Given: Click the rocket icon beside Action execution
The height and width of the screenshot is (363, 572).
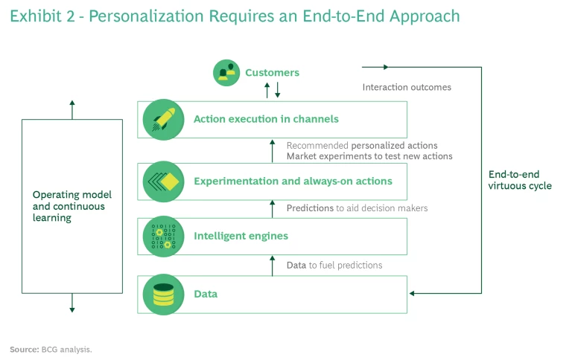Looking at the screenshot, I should (x=163, y=119).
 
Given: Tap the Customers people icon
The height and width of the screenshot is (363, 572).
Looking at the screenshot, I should (x=226, y=72).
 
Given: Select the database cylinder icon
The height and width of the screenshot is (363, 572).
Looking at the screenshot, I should (x=163, y=294).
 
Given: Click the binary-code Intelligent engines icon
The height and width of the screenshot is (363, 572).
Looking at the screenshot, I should (x=163, y=237).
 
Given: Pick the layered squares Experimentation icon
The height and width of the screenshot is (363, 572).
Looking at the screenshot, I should (x=163, y=181).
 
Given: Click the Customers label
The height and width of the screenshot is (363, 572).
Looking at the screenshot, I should (x=272, y=73).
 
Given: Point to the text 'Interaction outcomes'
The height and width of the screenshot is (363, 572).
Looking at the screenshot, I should (x=407, y=87).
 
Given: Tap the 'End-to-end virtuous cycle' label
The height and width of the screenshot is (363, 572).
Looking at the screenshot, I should (x=520, y=180).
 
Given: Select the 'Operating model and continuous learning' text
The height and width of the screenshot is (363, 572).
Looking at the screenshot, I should (x=69, y=206).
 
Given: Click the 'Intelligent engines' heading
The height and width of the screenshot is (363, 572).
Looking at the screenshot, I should (x=241, y=237).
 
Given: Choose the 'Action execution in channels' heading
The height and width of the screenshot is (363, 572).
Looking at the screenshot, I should (x=266, y=119).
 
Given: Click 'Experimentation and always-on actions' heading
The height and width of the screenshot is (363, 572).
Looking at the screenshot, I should (x=293, y=181).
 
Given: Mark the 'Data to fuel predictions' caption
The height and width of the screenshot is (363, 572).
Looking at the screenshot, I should (x=334, y=265).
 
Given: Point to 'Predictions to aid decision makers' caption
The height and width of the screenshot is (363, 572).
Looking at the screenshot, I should (x=357, y=208).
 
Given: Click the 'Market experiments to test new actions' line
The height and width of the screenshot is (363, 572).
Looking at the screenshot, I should (x=369, y=156).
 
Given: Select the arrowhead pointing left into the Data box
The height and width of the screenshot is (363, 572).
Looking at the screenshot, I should (x=413, y=293).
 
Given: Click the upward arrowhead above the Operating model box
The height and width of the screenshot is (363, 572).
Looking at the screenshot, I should (x=72, y=103).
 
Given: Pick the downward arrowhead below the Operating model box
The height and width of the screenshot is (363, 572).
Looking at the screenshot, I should (x=72, y=308).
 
